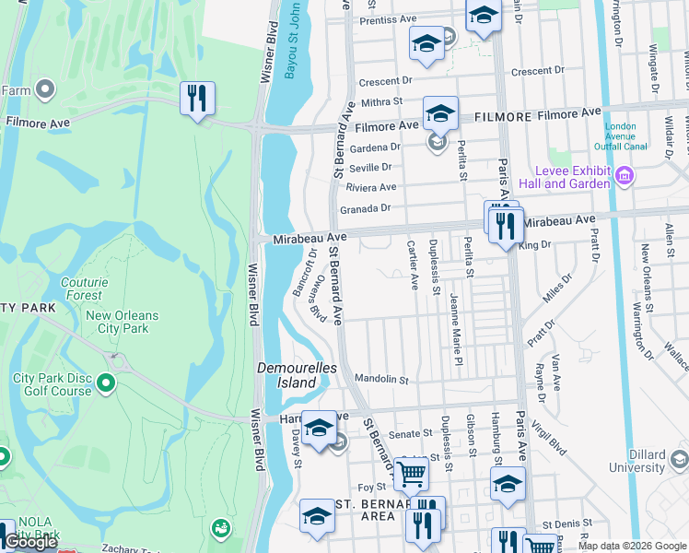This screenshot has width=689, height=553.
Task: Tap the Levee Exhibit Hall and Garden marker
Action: coord(624,175)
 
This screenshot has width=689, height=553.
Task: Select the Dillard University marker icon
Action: coord(679,458)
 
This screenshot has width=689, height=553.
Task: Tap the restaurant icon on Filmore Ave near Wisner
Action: coord(197,99)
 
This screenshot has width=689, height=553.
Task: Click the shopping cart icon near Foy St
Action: coord(411,474)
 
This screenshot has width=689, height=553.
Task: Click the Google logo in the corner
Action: coord(30,542)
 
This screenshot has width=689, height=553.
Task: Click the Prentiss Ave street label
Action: coord(388,19)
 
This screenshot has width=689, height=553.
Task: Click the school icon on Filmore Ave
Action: coord(440,114)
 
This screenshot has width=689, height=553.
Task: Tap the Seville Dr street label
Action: coord(369,167)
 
